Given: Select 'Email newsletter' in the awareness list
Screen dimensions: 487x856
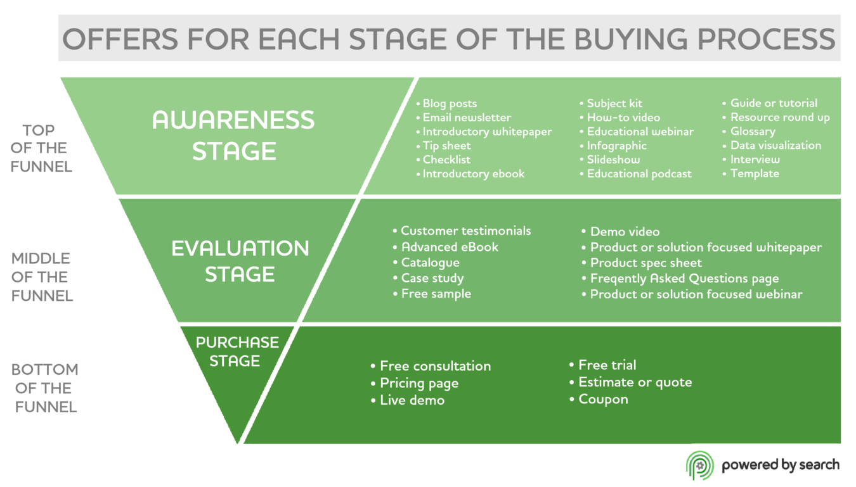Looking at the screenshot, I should point(467,117).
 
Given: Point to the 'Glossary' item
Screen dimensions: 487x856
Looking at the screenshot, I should point(753,131).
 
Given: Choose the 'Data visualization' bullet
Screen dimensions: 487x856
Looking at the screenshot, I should point(775,145).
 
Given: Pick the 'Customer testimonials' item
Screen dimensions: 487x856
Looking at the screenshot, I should point(466,231).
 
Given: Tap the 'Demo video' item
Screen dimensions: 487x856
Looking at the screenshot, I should point(625,232).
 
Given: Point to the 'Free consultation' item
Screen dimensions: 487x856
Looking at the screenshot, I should point(435,366).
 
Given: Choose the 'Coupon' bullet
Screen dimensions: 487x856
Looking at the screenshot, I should point(603,400).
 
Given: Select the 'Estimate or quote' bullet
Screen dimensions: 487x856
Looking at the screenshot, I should point(635,383).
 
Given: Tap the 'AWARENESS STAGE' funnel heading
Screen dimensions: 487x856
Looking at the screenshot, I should point(234,135).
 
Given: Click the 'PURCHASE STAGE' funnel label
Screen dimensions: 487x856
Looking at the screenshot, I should point(237,351).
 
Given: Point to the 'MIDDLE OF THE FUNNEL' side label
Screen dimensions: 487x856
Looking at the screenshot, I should point(42,277).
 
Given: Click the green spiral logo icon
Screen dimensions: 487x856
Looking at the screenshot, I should point(699,465).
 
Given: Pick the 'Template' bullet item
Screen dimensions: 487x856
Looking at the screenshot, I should point(755,174).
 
